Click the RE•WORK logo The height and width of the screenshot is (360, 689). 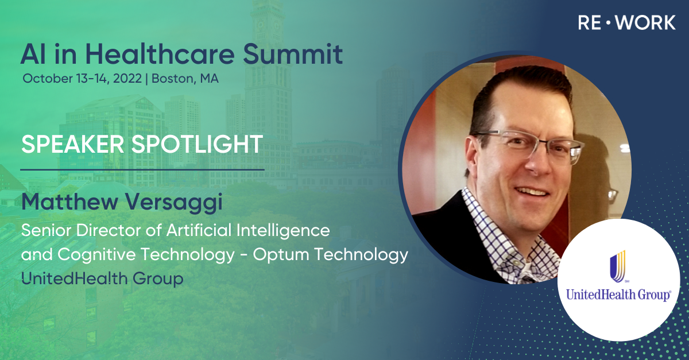pyautogui.click(x=626, y=23)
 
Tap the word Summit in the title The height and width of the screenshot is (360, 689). pyautogui.click(x=293, y=54)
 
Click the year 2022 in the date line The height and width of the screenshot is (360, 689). pyautogui.click(x=127, y=79)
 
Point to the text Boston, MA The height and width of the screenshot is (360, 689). pyautogui.click(x=185, y=79)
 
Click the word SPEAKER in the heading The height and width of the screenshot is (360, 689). pyautogui.click(x=72, y=144)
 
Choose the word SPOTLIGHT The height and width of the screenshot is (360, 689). pyautogui.click(x=197, y=144)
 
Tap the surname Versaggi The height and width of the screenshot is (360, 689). pyautogui.click(x=173, y=203)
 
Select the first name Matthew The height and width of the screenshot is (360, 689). pyautogui.click(x=70, y=202)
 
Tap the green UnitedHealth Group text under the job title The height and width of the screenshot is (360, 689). pyautogui.click(x=102, y=279)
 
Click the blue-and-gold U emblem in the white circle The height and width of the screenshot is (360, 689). pyautogui.click(x=618, y=266)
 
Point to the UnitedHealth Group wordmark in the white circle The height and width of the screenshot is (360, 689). pyautogui.click(x=618, y=295)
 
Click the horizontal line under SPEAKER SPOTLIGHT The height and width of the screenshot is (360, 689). pyautogui.click(x=142, y=169)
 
